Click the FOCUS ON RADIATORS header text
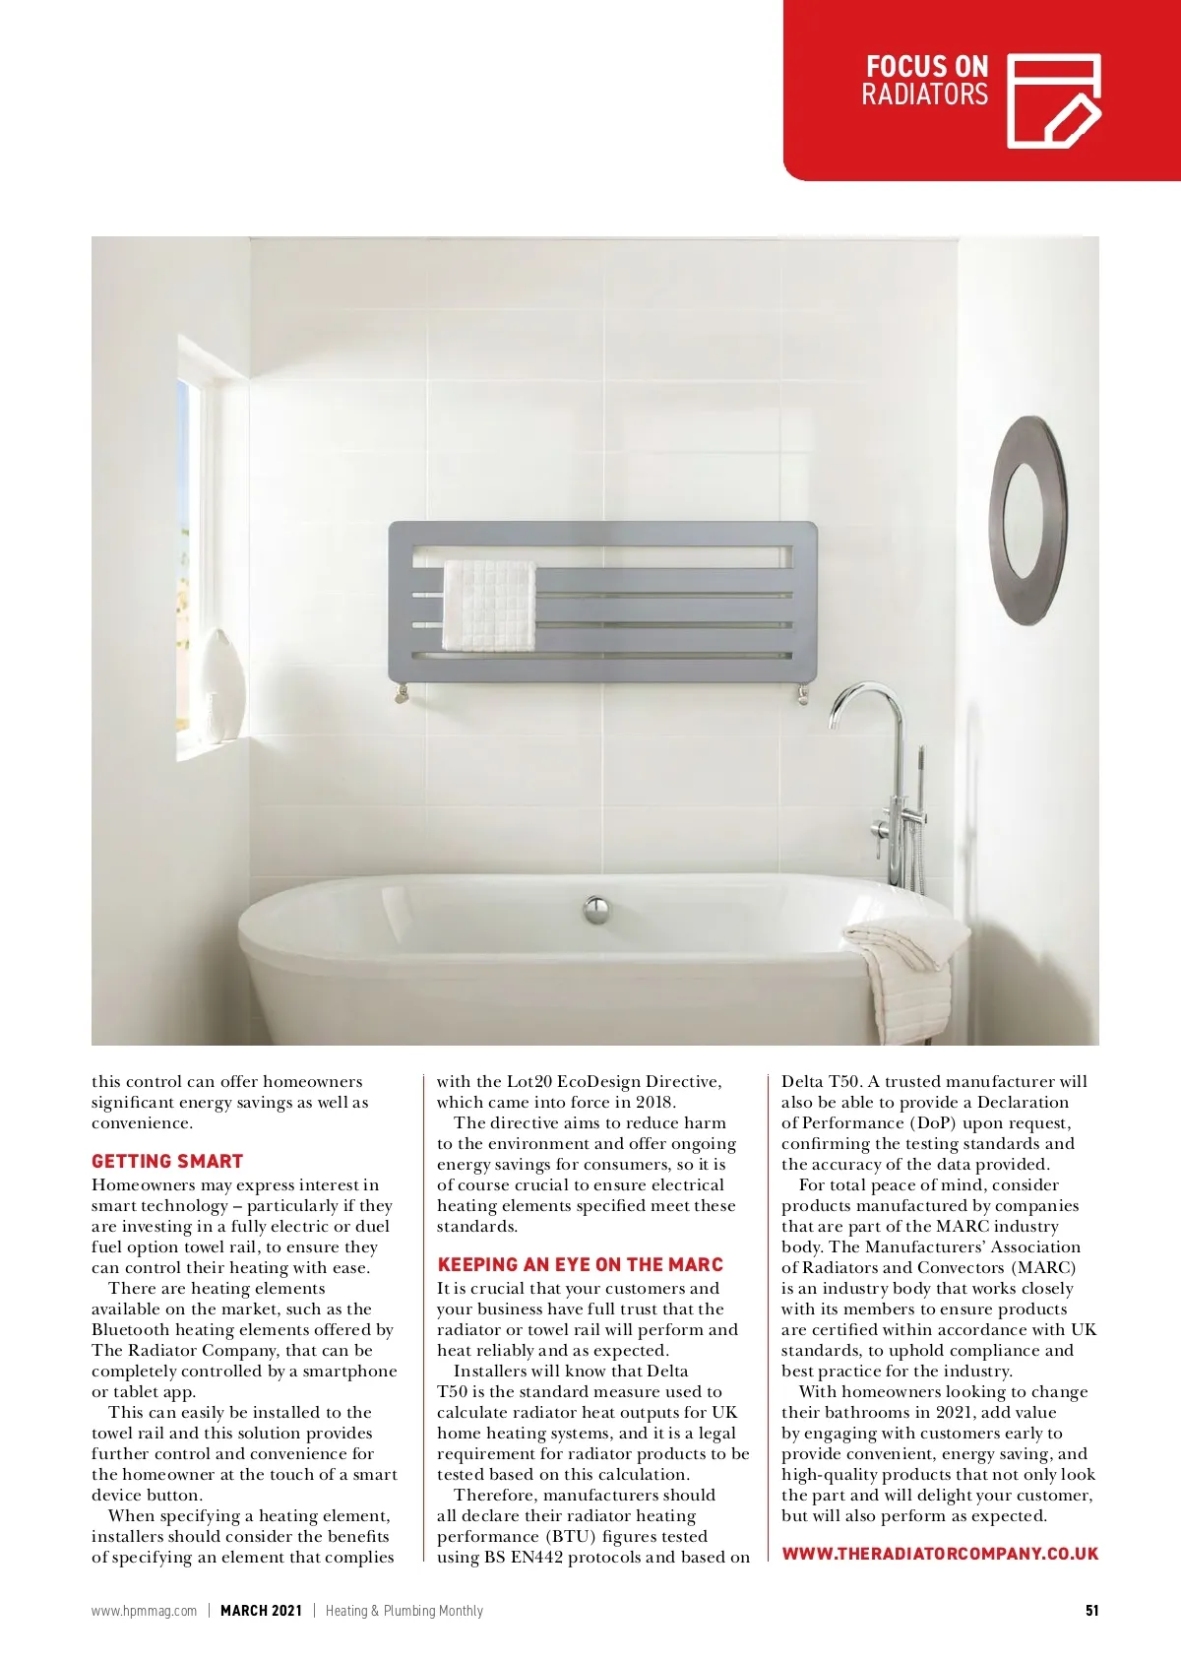[924, 81]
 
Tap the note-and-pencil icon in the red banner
[1053, 101]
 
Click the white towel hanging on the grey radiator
[489, 606]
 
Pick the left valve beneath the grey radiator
[401, 692]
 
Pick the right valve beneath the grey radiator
[803, 695]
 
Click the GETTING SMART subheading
[167, 1162]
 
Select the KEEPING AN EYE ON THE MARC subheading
[580, 1265]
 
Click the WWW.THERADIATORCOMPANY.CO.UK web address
[940, 1554]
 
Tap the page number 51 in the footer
[1091, 1611]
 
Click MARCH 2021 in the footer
[261, 1611]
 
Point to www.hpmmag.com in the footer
[144, 1611]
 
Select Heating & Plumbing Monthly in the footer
[404, 1611]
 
